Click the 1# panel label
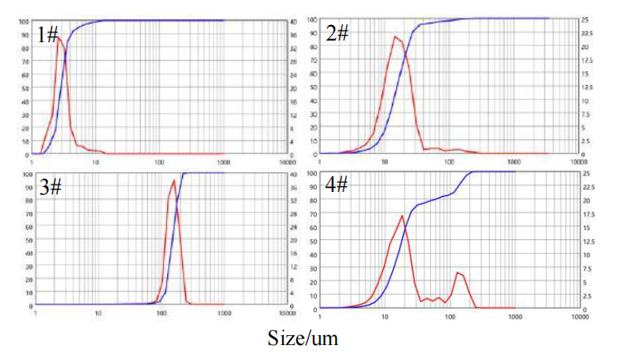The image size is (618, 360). tap(48, 34)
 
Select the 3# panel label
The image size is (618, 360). tap(49, 187)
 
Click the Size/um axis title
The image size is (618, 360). tap(303, 338)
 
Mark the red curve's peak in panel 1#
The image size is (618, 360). tap(59, 37)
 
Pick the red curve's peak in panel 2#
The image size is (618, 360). tap(395, 36)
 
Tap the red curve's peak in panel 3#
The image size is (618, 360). tap(173, 180)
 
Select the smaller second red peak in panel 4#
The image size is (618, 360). tap(457, 271)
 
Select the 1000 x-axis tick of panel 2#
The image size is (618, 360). tap(514, 161)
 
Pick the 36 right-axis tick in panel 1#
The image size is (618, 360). tap(294, 34)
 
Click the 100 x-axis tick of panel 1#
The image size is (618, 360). tap(160, 161)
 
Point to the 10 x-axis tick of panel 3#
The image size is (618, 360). tap(98, 314)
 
